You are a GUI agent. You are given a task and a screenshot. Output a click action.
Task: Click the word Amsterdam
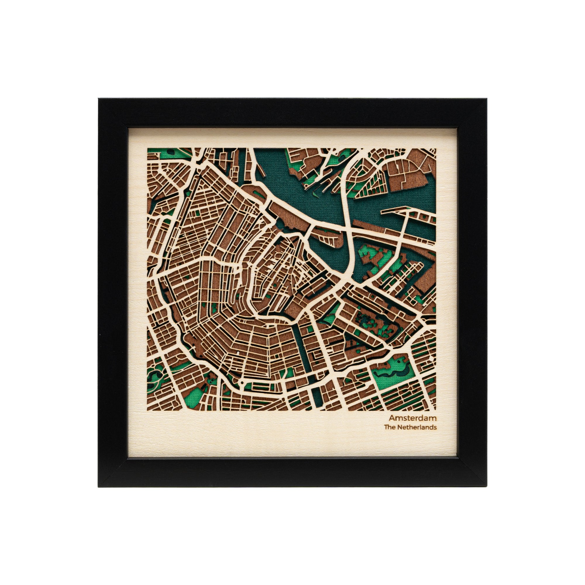(412, 418)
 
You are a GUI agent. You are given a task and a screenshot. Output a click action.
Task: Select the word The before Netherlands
(389, 427)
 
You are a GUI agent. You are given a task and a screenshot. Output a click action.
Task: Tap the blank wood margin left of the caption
(257, 424)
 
